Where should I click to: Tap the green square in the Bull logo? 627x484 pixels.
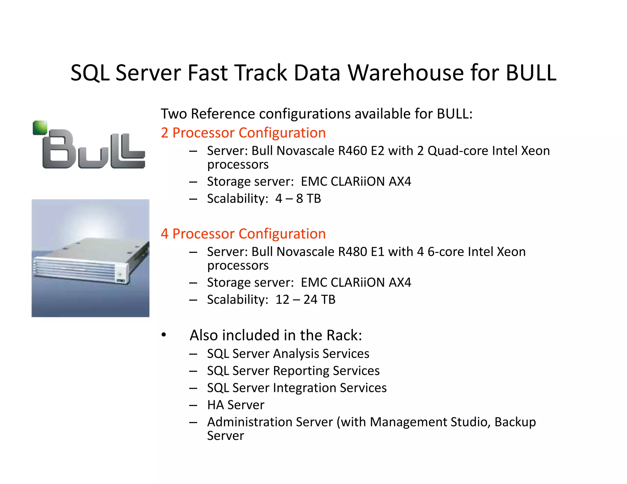click(40, 127)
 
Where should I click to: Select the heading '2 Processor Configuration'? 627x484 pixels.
click(243, 133)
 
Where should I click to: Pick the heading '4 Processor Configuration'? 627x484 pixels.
click(243, 234)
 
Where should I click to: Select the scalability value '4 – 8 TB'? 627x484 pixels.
click(298, 199)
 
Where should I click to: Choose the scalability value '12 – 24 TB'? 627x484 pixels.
click(305, 300)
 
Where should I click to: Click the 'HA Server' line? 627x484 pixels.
click(236, 405)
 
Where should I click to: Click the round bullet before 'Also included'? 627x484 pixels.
click(164, 335)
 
